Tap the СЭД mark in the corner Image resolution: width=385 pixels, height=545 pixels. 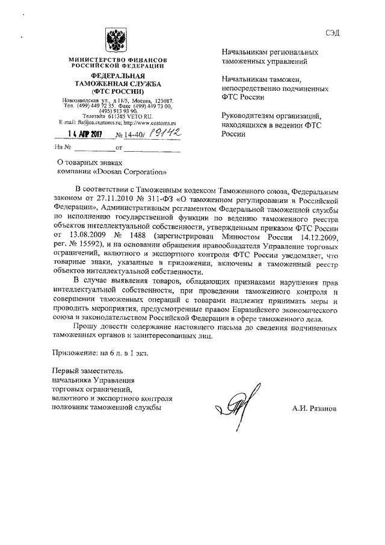(332, 33)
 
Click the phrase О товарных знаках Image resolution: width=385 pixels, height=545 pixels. (89, 162)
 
